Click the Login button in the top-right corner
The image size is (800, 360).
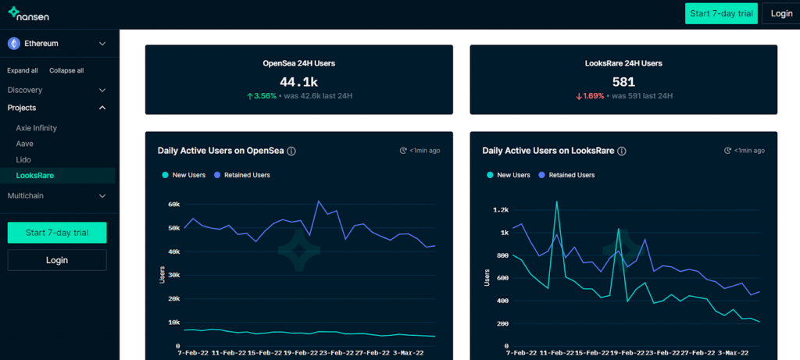click(x=781, y=13)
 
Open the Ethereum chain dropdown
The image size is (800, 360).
click(x=57, y=44)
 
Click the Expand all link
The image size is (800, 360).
click(x=23, y=70)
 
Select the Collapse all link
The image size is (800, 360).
click(x=66, y=70)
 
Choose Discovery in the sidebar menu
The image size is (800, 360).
click(x=25, y=90)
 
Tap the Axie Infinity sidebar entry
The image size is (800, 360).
click(x=37, y=127)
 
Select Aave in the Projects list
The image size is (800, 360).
click(x=25, y=144)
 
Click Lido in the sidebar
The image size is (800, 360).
click(x=24, y=159)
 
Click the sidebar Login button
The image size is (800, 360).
click(x=57, y=259)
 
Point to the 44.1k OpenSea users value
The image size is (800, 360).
click(x=298, y=81)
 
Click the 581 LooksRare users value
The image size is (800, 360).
click(x=623, y=81)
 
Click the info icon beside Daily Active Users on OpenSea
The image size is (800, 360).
click(x=291, y=151)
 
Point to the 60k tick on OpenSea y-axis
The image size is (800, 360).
click(x=173, y=205)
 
